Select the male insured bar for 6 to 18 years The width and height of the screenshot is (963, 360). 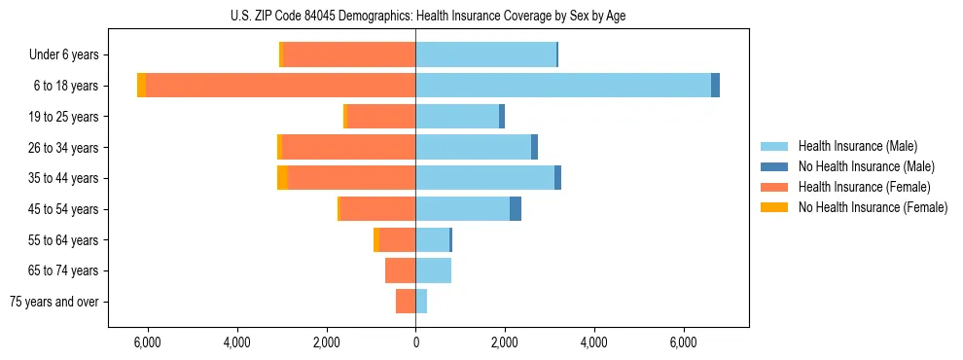563,86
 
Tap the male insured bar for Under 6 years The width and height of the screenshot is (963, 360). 485,54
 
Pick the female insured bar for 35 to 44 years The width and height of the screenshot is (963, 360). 351,178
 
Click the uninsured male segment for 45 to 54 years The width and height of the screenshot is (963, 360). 516,209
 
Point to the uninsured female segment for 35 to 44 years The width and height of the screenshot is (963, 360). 282,178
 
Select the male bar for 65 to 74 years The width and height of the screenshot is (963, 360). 433,270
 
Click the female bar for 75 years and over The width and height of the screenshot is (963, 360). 406,302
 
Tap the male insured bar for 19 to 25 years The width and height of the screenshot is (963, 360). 457,117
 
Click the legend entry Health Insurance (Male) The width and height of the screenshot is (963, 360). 857,146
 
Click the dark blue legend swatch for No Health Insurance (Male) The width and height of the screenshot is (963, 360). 774,166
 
